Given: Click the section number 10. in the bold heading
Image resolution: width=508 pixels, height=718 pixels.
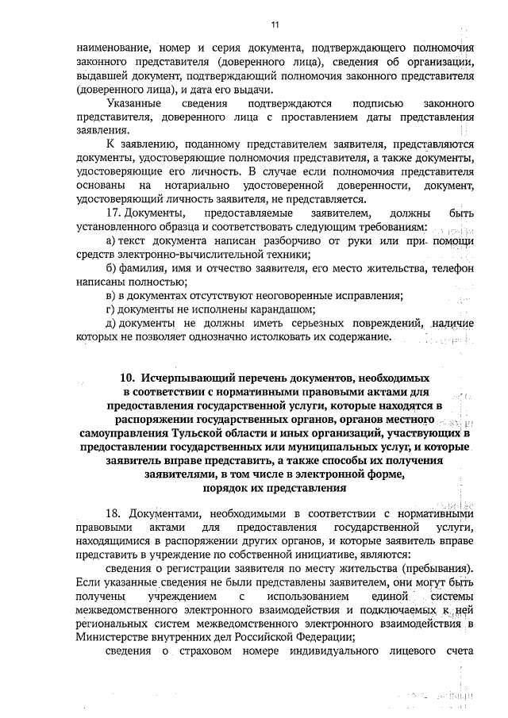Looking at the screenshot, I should [x=129, y=379].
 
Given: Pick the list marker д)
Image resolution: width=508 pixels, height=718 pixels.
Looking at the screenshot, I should [x=113, y=324].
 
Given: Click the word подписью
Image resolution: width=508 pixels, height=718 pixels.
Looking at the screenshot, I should [x=365, y=104].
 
